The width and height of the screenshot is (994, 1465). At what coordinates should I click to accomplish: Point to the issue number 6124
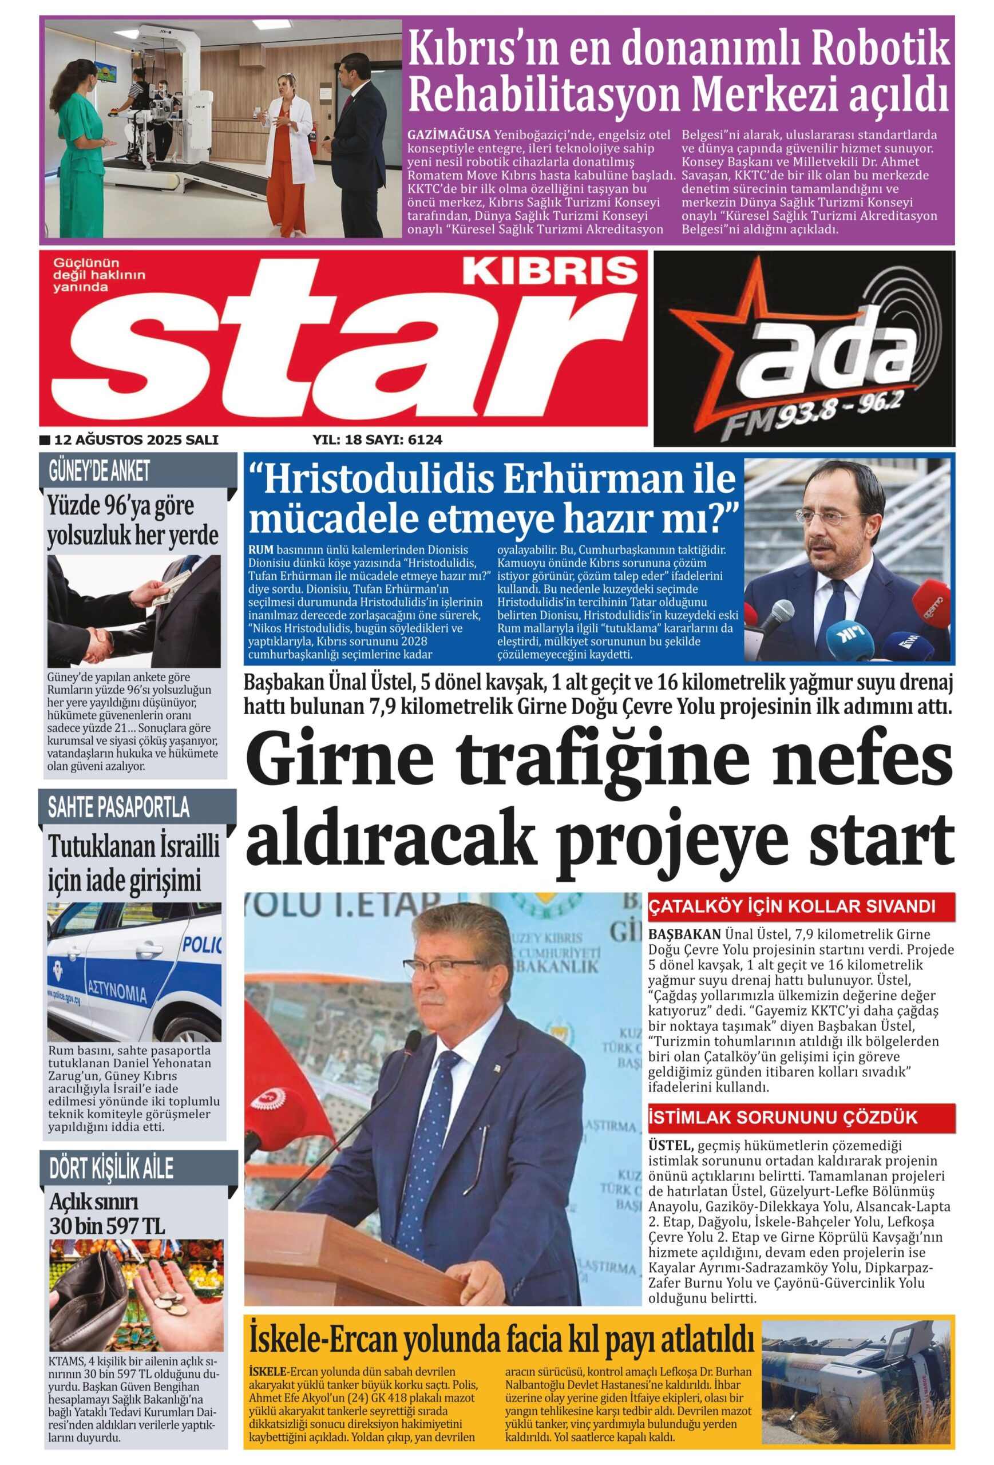(x=425, y=439)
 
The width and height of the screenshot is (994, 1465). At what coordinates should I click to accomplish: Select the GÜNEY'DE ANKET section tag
(x=100, y=471)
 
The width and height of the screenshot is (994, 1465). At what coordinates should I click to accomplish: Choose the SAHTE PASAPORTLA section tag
(x=118, y=807)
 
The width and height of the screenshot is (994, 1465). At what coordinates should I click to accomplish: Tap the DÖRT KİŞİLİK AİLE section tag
(x=111, y=1169)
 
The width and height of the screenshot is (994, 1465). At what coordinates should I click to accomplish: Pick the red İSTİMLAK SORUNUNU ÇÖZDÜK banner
(x=783, y=1118)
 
